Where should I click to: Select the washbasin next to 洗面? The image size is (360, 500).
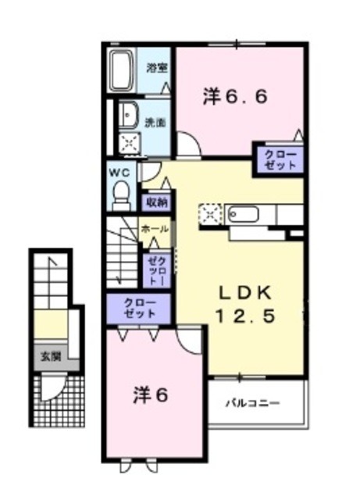(x=127, y=114)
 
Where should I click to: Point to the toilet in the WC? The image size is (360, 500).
(x=121, y=193)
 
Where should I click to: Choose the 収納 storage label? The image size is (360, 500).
(x=155, y=202)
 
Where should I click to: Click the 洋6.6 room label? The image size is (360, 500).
(x=236, y=97)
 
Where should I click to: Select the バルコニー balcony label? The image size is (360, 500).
(x=255, y=403)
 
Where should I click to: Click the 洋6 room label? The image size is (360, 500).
(x=149, y=395)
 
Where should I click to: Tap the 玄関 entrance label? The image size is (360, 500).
(x=50, y=355)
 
